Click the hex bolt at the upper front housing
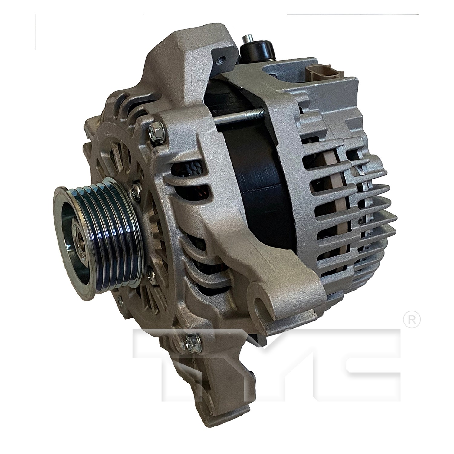pos(157,132)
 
